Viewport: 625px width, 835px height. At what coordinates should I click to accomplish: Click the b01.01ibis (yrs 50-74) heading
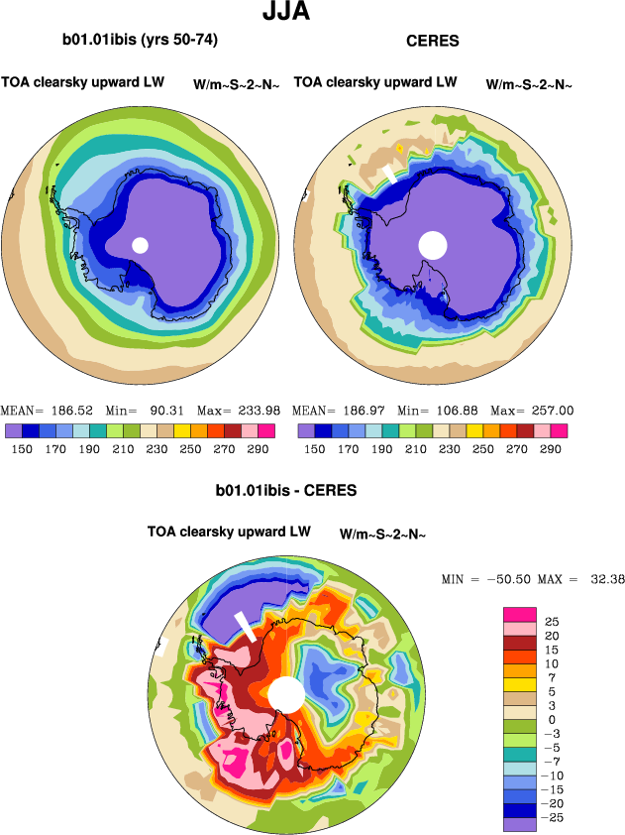pos(140,41)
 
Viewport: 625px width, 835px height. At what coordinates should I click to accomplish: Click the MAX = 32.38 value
pos(581,579)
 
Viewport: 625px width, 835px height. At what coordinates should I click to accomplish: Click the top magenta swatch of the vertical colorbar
pos(519,613)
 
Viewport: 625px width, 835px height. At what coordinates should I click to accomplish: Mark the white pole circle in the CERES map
pos(433,244)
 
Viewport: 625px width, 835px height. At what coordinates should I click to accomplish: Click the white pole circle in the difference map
pos(285,693)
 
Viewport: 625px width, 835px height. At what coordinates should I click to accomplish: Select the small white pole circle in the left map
pos(140,244)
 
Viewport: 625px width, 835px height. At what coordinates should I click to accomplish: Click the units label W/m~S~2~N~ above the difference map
pos(382,535)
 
